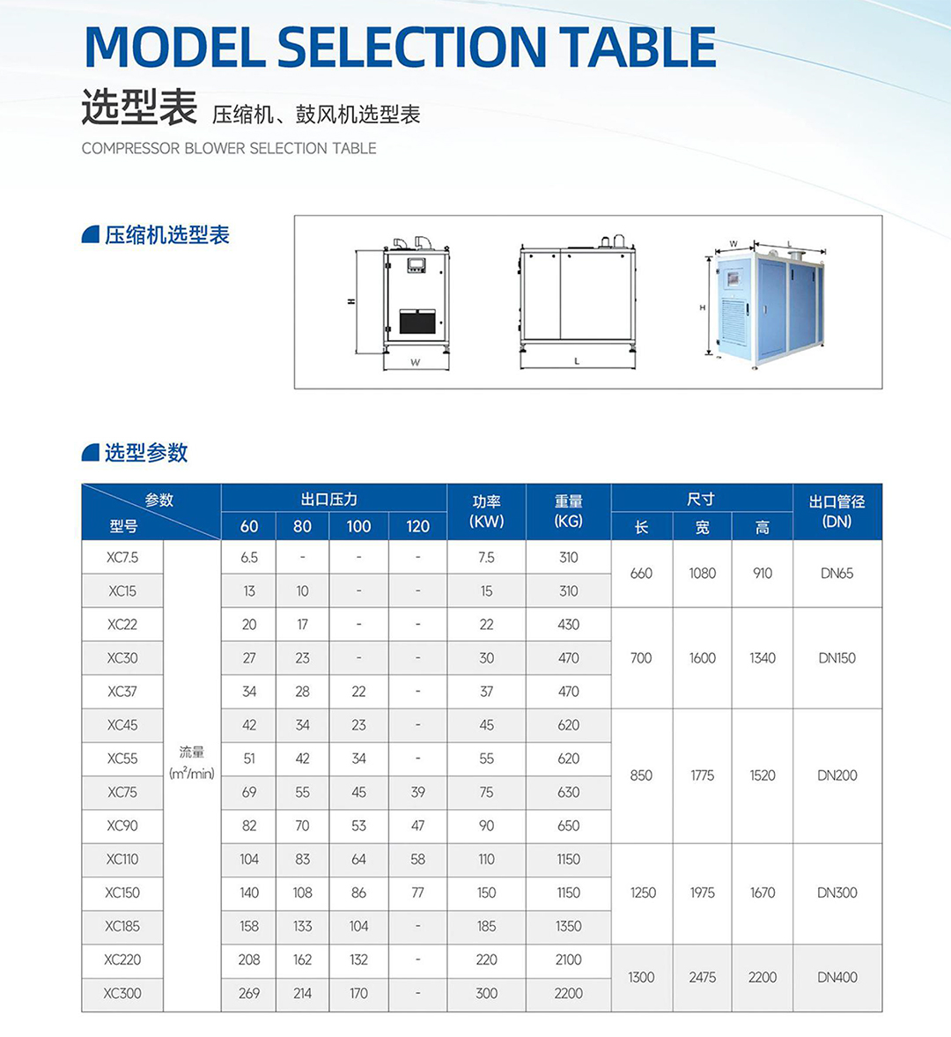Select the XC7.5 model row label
pyautogui.click(x=122, y=558)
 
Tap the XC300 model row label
pyautogui.click(x=122, y=994)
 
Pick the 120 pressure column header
pyautogui.click(x=417, y=527)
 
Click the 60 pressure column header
pyautogui.click(x=249, y=527)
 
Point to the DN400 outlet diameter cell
pyautogui.click(x=837, y=977)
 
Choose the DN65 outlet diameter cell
pyautogui.click(x=837, y=574)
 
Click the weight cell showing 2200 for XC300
pyautogui.click(x=568, y=994)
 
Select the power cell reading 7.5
pyautogui.click(x=486, y=558)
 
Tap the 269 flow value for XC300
pyautogui.click(x=249, y=994)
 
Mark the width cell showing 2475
pyautogui.click(x=702, y=977)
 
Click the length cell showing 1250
pyautogui.click(x=642, y=893)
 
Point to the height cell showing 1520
pyautogui.click(x=763, y=776)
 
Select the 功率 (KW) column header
pyautogui.click(x=486, y=511)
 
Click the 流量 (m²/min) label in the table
pyautogui.click(x=192, y=763)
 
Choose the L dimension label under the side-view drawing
pyautogui.click(x=577, y=361)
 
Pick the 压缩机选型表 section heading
pyautogui.click(x=166, y=235)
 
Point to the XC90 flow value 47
pyautogui.click(x=417, y=826)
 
